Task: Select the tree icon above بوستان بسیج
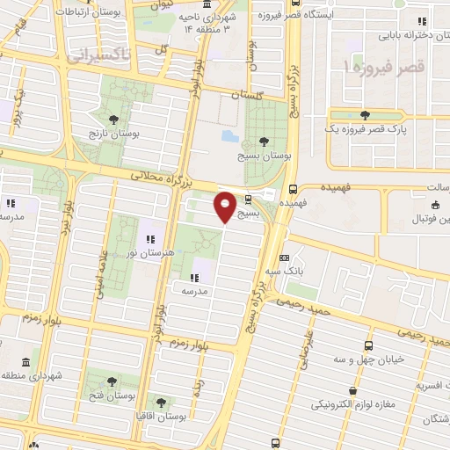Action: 265,140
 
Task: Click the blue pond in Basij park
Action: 228,137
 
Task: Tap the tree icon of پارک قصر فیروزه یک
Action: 364,115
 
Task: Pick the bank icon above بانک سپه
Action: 284,258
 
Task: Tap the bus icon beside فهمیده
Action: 293,188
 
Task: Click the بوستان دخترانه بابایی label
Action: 410,36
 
